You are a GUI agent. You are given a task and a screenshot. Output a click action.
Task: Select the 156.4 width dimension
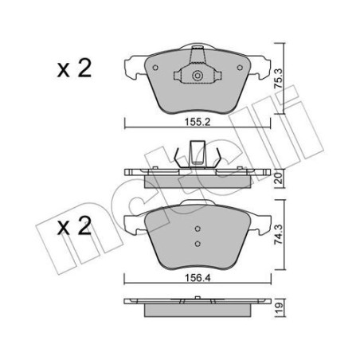coord(196,278)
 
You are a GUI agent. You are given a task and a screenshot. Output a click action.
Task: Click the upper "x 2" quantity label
coord(75,68)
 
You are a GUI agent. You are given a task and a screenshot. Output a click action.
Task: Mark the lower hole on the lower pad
coord(197,243)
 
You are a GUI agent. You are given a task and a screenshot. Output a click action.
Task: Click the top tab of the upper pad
coord(197,56)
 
